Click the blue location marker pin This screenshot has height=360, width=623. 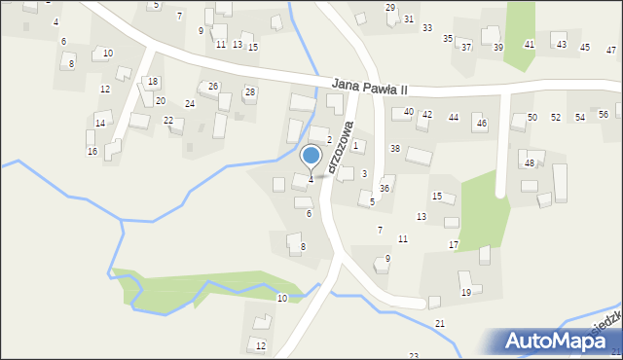pyautogui.click(x=311, y=157)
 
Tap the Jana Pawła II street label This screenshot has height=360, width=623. pyautogui.click(x=381, y=87)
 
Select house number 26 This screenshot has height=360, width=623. pyautogui.click(x=213, y=87)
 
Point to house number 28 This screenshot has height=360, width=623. pyautogui.click(x=250, y=92)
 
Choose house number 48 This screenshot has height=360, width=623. pyautogui.click(x=530, y=162)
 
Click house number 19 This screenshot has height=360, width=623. pyautogui.click(x=466, y=292)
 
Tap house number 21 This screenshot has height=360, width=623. pyautogui.click(x=440, y=323)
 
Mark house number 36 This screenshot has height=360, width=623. pyautogui.click(x=385, y=188)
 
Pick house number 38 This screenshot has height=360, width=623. pyautogui.click(x=395, y=148)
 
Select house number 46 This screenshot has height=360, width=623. pyautogui.click(x=481, y=124)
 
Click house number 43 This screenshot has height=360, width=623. pyautogui.click(x=562, y=45)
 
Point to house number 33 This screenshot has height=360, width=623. pyautogui.click(x=427, y=28)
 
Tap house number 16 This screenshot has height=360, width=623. pyautogui.click(x=92, y=152)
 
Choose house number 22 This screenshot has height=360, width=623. pyautogui.click(x=168, y=120)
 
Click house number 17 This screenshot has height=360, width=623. pyautogui.click(x=454, y=244)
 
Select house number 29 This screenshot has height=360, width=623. pyautogui.click(x=390, y=8)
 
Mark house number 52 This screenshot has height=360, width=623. pyautogui.click(x=556, y=117)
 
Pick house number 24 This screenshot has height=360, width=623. pyautogui.click(x=190, y=103)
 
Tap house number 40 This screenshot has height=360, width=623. pyautogui.click(x=409, y=112)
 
